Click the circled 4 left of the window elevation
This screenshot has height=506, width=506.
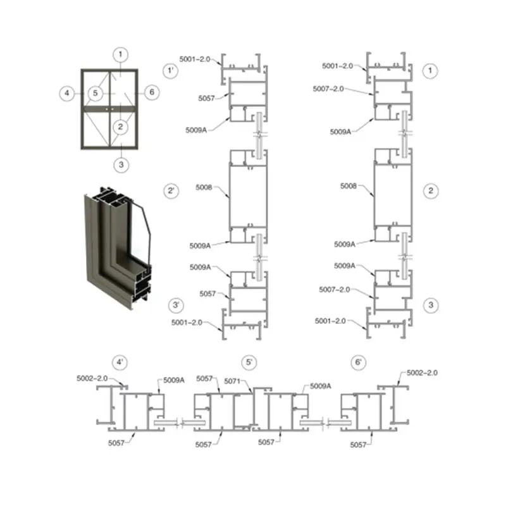[x=67, y=93]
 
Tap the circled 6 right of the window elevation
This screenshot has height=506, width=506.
[x=152, y=92]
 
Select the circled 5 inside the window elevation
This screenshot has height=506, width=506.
[x=96, y=93]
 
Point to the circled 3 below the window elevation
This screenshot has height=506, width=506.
[x=121, y=165]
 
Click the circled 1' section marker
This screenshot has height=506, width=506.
[x=171, y=70]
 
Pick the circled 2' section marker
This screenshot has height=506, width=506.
[x=171, y=191]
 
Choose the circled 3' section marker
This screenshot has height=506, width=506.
[x=176, y=305]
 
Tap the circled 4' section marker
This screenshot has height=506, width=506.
[x=120, y=362]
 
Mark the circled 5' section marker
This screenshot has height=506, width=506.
[x=249, y=362]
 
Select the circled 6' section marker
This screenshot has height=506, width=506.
[x=358, y=362]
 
